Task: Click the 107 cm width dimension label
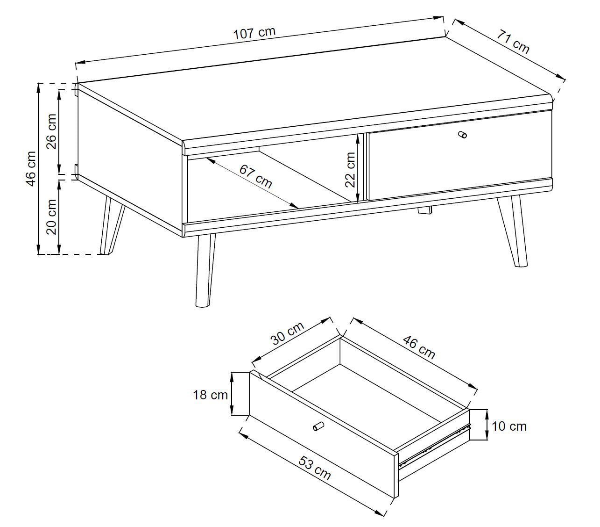(x=254, y=33)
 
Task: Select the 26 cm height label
(x=51, y=131)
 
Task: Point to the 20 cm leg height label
(x=51, y=217)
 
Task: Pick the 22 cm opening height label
(x=350, y=169)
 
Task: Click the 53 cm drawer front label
(x=315, y=468)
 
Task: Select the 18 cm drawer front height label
(x=210, y=395)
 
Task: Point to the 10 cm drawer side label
(x=509, y=426)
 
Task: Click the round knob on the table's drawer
(x=462, y=135)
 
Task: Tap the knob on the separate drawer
(x=318, y=426)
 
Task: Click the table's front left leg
(x=205, y=270)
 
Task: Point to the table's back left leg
(x=112, y=225)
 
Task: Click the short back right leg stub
(x=425, y=210)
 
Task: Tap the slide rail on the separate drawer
(x=434, y=445)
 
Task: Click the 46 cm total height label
(x=31, y=169)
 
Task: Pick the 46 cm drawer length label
(x=419, y=347)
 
